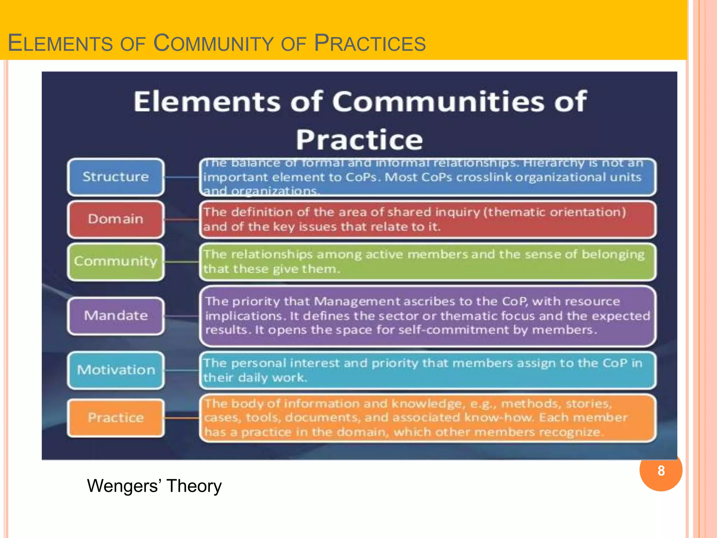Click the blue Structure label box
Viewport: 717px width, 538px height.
116,177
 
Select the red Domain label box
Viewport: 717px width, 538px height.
116,219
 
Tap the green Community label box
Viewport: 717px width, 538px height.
116,261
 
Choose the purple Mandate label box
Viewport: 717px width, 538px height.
116,316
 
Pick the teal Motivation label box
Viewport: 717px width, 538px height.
116,370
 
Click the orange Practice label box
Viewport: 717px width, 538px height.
116,418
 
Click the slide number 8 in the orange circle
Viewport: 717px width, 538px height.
661,471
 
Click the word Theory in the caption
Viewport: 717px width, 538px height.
194,486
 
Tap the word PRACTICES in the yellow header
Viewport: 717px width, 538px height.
370,43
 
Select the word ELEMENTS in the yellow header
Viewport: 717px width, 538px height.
59,43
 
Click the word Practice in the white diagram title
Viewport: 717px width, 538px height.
359,140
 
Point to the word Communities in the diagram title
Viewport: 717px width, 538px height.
438,102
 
